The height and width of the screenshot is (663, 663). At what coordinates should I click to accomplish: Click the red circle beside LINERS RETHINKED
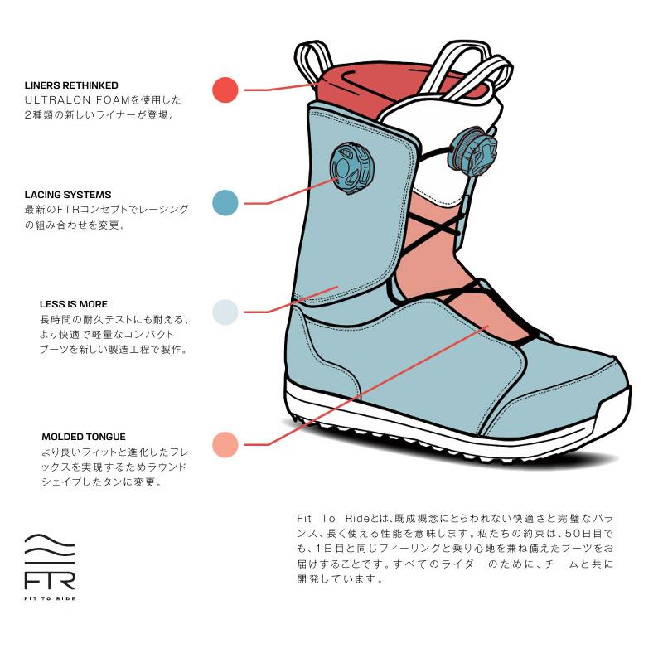tap(225, 90)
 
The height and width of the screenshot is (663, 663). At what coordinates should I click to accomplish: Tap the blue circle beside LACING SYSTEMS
tap(225, 202)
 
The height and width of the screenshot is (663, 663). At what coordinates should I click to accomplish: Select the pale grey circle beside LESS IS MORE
tap(225, 312)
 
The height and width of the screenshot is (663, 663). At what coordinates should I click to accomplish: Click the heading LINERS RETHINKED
tap(71, 85)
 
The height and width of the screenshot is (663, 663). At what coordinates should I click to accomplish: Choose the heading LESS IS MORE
tap(74, 304)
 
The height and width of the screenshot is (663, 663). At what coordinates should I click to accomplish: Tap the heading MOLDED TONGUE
tap(84, 437)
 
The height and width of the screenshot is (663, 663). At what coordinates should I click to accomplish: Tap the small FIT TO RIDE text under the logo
tap(50, 598)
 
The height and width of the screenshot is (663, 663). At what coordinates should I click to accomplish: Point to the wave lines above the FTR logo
tap(50, 548)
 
